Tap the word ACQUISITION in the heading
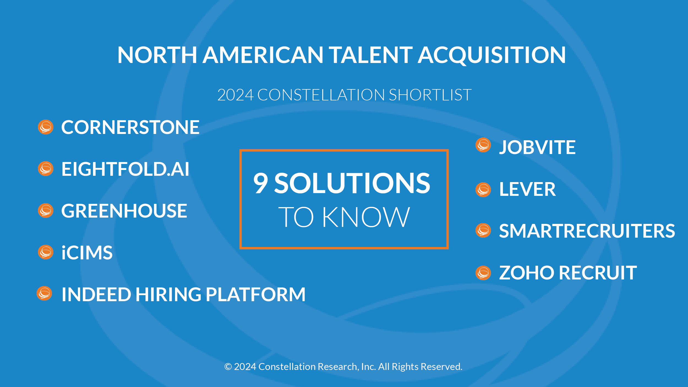tap(492, 55)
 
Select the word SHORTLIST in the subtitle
tap(430, 95)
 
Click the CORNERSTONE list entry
tap(130, 127)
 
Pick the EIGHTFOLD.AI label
tap(125, 169)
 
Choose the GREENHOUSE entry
tap(124, 211)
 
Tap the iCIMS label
tap(87, 252)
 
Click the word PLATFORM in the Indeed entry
tap(256, 295)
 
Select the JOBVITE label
tap(537, 147)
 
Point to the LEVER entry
tap(528, 190)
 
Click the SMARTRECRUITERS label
tap(587, 231)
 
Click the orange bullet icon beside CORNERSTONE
tap(46, 127)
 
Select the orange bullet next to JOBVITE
tap(483, 145)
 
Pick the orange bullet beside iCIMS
tap(46, 252)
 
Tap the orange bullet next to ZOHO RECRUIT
tap(483, 273)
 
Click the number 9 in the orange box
tap(261, 183)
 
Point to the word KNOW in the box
tap(366, 217)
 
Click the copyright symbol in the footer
tap(228, 367)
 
